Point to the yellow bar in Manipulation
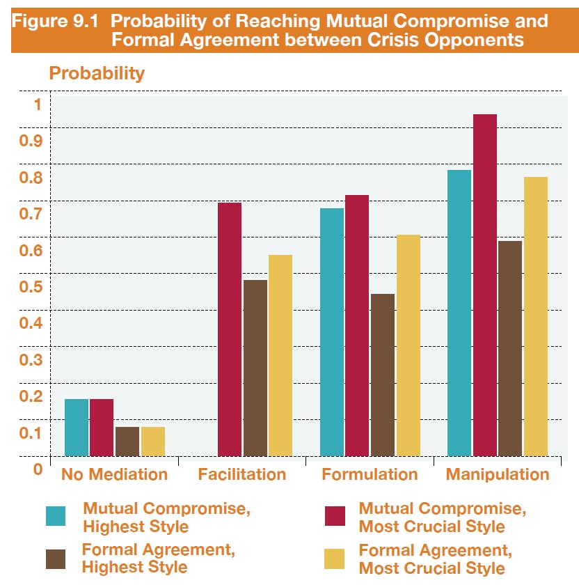536,316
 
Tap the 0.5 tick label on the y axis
32,286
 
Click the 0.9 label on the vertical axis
32,141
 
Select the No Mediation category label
114,475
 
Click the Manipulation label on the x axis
498,475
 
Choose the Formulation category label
370,475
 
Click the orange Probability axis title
97,73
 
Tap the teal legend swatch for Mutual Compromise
56,516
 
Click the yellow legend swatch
335,559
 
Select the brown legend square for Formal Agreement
56,559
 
